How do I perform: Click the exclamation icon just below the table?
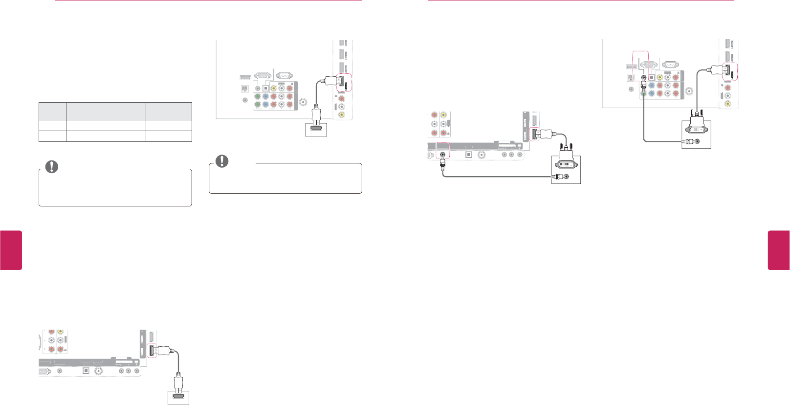[x=51, y=167]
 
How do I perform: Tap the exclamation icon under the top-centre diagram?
[x=222, y=161]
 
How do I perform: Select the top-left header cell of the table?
[x=52, y=111]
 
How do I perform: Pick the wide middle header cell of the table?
[x=106, y=111]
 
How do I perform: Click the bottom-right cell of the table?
[x=169, y=136]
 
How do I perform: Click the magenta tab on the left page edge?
[x=11, y=250]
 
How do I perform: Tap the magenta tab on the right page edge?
[x=778, y=250]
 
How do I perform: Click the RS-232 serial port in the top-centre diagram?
[x=284, y=76]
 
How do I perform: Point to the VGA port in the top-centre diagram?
[x=263, y=76]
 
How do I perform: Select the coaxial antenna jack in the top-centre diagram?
[x=304, y=102]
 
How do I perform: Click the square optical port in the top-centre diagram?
[x=265, y=89]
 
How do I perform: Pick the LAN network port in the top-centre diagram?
[x=244, y=89]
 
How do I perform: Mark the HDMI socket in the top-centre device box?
[x=316, y=131]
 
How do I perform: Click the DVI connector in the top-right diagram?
[x=696, y=128]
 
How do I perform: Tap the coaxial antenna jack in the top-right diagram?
[x=689, y=90]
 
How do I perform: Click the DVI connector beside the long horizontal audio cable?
[x=566, y=164]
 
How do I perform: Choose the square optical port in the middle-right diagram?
[x=468, y=155]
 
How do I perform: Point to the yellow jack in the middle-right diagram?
[x=443, y=115]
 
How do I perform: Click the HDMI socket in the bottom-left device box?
[x=178, y=398]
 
